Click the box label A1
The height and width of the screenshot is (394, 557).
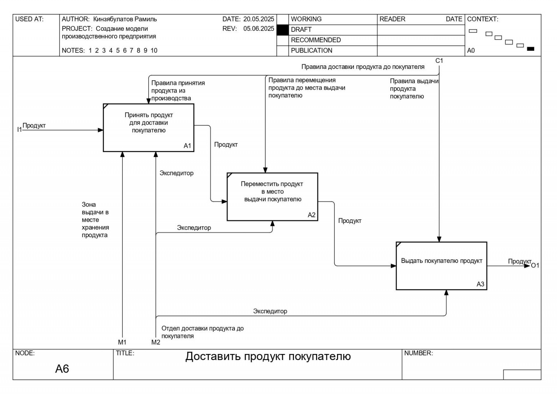187,146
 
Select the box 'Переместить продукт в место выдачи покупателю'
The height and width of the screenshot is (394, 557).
272,196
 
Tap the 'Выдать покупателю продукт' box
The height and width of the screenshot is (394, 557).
441,266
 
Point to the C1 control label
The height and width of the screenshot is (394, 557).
439,61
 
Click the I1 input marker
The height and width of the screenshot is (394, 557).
19,129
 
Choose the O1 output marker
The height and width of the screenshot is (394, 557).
535,265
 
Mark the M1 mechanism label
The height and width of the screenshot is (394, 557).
122,342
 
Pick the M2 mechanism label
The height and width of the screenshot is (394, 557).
156,342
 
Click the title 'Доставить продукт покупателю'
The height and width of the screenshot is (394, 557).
268,356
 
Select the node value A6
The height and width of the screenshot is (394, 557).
62,369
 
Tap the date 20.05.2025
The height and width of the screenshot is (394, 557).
259,19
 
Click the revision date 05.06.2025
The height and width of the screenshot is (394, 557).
259,29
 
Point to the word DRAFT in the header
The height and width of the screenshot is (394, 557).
301,30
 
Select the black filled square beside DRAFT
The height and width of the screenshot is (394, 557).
282,30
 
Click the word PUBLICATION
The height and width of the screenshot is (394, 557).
311,51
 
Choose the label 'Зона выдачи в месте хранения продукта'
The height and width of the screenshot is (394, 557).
95,220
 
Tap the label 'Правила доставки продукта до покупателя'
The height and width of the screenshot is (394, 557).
363,67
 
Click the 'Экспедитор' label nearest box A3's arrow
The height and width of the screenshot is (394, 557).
270,311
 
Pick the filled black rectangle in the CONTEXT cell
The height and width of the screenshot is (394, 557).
531,49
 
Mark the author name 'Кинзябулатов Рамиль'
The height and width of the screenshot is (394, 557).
125,19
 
